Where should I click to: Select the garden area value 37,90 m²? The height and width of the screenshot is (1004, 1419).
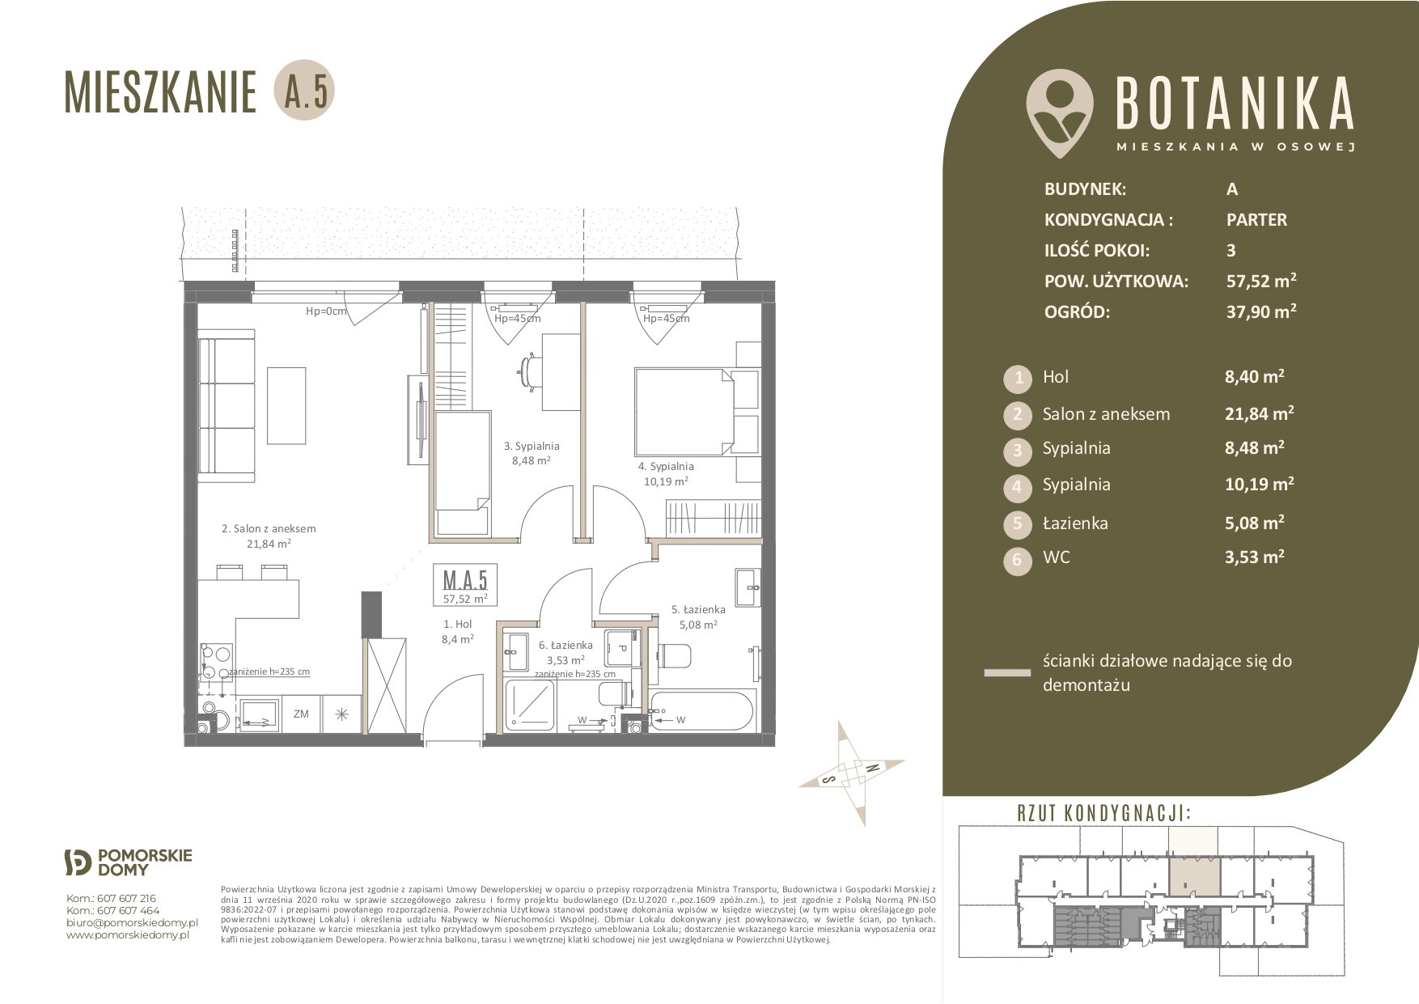point(1261,311)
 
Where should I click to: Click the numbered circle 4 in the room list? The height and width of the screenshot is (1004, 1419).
point(1018,487)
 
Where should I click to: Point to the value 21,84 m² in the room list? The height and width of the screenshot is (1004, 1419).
point(1259,413)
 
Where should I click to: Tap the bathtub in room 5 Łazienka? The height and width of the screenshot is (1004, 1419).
point(702,712)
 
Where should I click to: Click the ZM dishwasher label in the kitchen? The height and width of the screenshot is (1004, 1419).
point(301,714)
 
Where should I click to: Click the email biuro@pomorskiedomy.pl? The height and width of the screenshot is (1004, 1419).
point(132,922)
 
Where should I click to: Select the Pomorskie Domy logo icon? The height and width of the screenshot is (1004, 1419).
point(78,862)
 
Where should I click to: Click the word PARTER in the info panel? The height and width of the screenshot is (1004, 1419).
point(1256,219)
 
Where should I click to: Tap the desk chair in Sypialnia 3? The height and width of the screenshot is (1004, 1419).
point(528,371)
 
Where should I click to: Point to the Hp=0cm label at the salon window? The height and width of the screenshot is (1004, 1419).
point(326,311)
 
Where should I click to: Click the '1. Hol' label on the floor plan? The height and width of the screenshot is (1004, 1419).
point(457,624)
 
